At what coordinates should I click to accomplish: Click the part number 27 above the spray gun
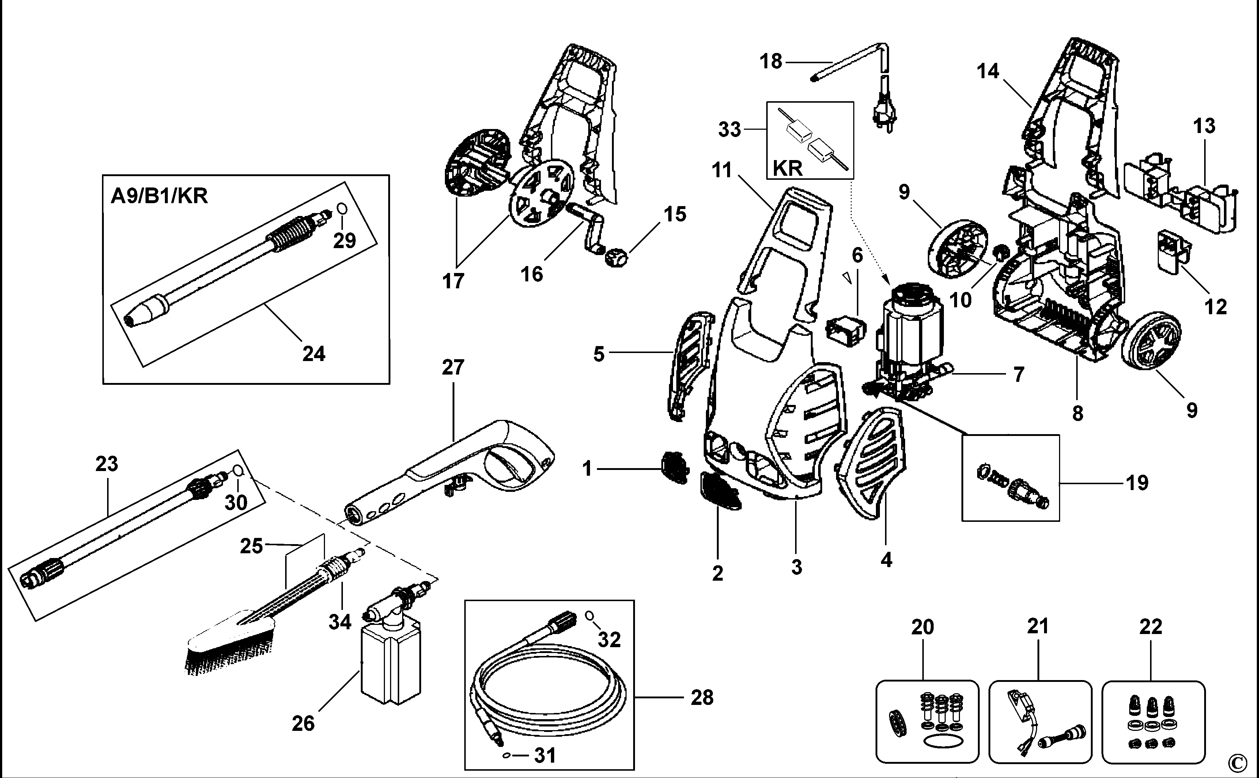pos(453,367)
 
